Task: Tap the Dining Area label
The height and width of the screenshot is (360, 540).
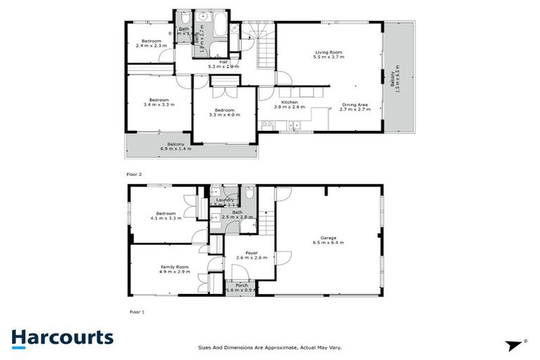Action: point(354,106)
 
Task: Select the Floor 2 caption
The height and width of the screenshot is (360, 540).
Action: point(134,173)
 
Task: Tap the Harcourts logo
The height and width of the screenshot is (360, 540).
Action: point(62,337)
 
